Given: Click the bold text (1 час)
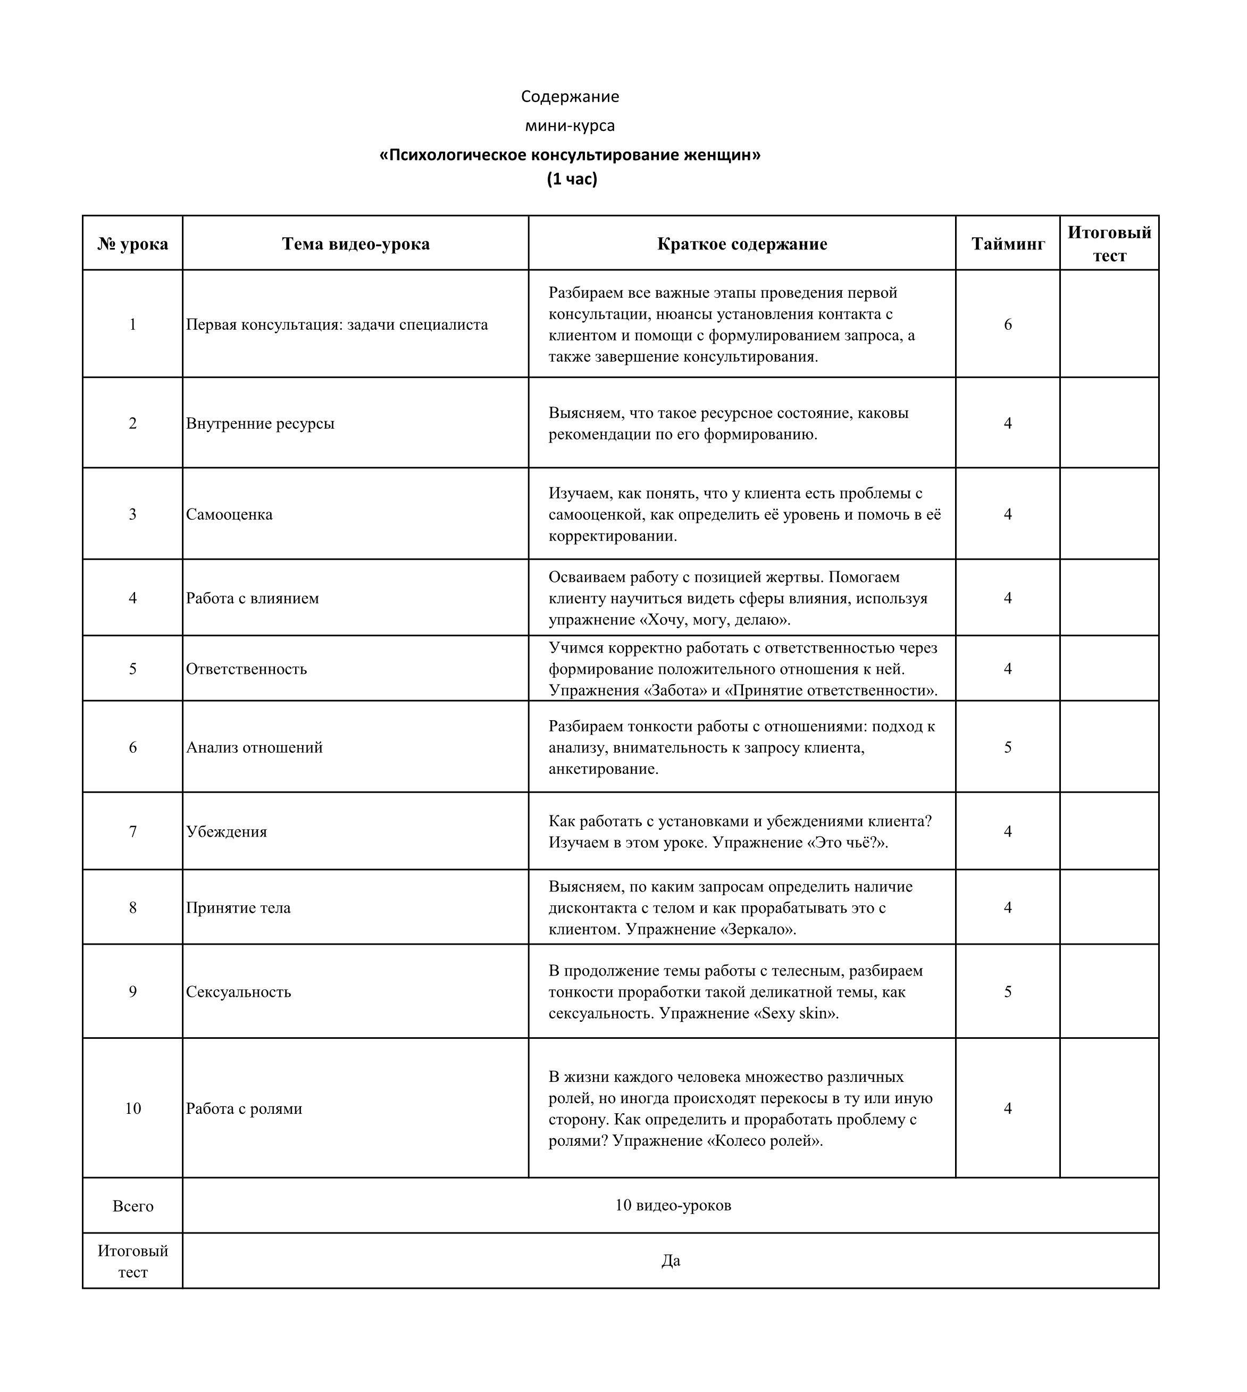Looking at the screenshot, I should tap(572, 179).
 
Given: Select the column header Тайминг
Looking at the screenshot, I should tap(1007, 244).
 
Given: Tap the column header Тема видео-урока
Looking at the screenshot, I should tap(356, 244).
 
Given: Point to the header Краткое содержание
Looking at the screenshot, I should tap(742, 244).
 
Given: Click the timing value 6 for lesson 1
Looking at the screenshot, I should tap(1007, 324).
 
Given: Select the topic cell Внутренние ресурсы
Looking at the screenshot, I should tap(261, 423).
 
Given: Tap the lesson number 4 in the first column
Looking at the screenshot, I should tap(133, 598).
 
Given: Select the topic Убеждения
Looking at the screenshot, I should tap(227, 832).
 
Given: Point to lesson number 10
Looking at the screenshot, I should tap(133, 1108).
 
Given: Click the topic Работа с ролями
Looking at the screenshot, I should tap(244, 1108).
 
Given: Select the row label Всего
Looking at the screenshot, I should tap(133, 1206).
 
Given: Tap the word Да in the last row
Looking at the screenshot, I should tap(671, 1261).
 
